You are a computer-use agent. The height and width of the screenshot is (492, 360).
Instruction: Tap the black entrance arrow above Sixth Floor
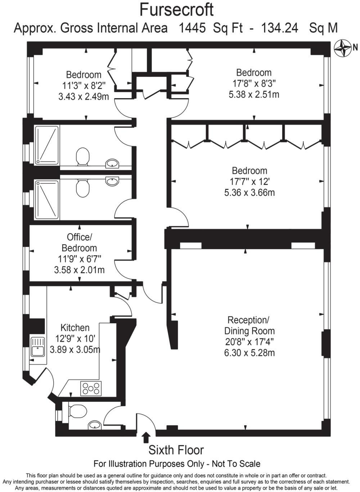(146, 437)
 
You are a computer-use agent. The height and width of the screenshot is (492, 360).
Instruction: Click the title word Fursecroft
(176, 10)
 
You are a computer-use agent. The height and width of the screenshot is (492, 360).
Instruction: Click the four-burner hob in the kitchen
(91, 388)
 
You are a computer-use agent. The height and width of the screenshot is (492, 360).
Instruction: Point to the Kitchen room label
(75, 328)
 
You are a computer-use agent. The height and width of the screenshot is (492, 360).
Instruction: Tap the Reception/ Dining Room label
(249, 325)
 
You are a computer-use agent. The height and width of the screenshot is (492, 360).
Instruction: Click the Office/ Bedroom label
(79, 242)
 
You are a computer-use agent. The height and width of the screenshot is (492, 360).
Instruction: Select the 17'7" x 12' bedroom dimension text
(249, 182)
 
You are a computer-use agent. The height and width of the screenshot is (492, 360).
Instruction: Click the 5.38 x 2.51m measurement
(254, 94)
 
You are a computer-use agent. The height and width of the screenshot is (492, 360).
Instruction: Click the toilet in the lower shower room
(82, 188)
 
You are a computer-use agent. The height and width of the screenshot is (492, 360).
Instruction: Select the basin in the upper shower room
(112, 164)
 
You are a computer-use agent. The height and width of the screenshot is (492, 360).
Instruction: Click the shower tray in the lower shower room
(46, 200)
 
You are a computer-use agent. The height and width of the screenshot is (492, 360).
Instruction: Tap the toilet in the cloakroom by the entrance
(77, 410)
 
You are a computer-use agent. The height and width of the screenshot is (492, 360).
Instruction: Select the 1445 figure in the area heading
(192, 28)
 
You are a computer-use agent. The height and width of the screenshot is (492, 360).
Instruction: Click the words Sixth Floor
(176, 450)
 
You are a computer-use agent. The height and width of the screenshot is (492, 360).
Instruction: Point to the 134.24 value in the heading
(280, 28)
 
